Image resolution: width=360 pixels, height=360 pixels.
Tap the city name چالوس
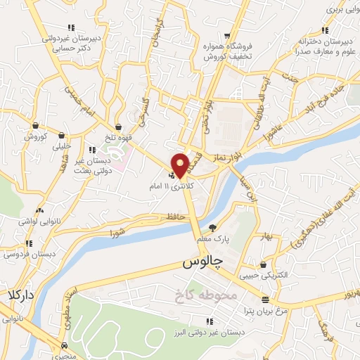(202, 263)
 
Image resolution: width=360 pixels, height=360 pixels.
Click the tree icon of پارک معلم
(213, 227)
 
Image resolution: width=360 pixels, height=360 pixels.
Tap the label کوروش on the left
(34, 136)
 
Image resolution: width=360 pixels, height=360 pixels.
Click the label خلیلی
(63, 147)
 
